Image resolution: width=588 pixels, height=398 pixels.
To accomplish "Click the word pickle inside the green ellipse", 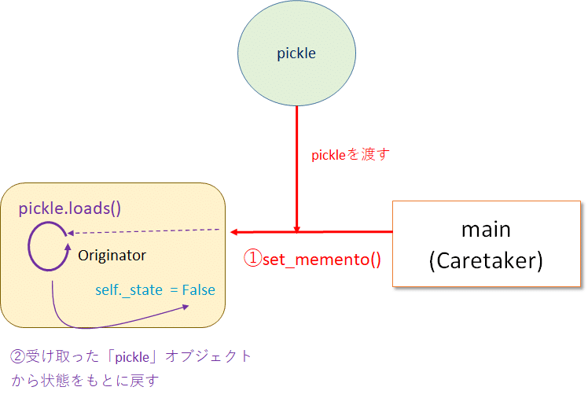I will (296, 53).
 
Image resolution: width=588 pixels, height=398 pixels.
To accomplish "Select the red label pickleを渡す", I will (351, 155).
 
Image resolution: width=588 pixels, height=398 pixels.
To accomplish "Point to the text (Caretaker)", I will (486, 261).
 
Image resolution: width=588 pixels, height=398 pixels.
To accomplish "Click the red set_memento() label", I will (321, 259).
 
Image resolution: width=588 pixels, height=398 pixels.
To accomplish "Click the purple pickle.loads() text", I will (70, 209).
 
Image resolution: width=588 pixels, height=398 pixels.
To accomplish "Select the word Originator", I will (112, 256).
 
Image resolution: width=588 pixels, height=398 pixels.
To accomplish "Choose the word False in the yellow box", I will (198, 289).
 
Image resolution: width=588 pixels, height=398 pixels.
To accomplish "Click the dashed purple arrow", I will (141, 231).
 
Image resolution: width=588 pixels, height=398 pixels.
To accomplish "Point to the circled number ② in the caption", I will (17, 356).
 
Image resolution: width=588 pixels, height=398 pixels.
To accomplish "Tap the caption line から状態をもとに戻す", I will (85, 381).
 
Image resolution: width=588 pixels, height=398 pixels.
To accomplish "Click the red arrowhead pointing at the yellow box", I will (234, 232).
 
